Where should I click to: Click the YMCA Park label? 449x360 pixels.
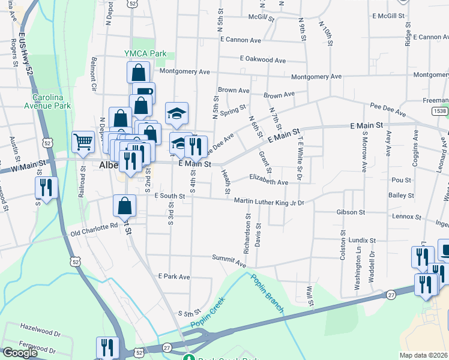tap(145, 53)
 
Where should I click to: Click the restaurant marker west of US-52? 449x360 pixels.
tap(46, 187)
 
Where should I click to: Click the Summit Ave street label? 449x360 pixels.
tap(229, 260)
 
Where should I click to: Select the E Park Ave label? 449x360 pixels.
tap(173, 277)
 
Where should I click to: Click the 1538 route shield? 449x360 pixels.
tap(439, 111)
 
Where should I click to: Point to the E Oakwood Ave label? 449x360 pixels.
tap(262, 60)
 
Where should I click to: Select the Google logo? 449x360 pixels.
tap(20, 353)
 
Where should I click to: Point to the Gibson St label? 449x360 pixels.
tap(351, 212)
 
